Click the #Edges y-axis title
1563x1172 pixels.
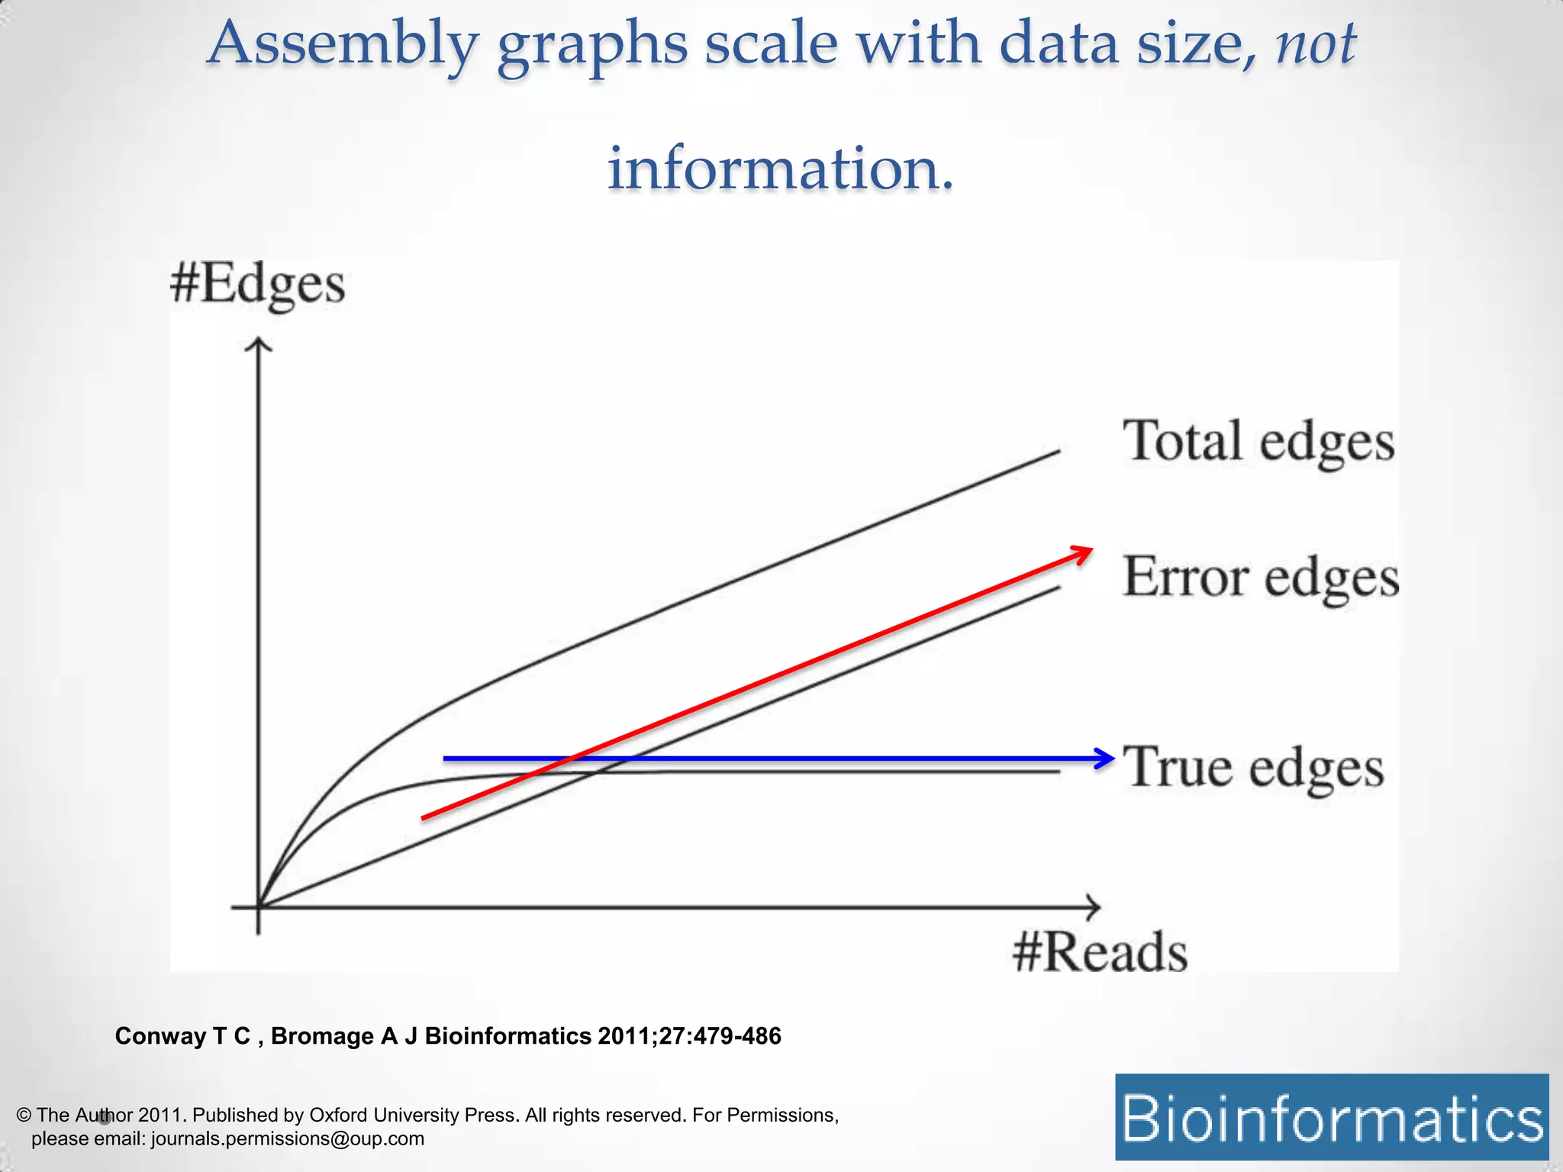(257, 285)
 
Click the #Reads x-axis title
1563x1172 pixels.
(1100, 953)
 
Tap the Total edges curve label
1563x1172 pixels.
(1258, 442)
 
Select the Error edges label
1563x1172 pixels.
(1261, 578)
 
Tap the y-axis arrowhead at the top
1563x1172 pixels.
(259, 346)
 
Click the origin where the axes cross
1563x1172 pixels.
(259, 907)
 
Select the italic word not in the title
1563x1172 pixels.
(1316, 44)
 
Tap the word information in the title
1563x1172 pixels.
(780, 169)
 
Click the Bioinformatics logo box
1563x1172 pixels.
(1332, 1117)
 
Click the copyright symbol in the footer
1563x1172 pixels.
(24, 1115)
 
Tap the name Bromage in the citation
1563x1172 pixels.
(321, 1036)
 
